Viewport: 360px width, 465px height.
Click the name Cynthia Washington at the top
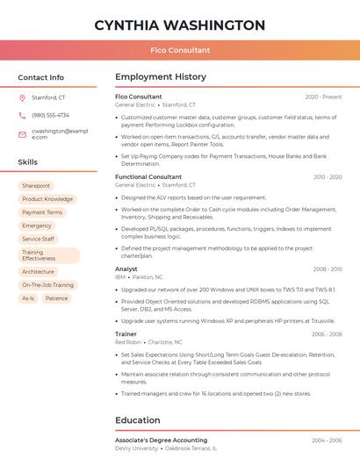click(179, 25)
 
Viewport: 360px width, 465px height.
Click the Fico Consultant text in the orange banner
click(179, 50)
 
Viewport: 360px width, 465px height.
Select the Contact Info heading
click(41, 77)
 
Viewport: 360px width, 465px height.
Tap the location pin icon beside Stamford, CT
click(22, 97)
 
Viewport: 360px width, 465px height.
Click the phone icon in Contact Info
click(22, 115)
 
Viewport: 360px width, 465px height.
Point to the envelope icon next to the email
click(22, 133)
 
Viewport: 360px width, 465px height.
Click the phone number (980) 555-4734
click(50, 115)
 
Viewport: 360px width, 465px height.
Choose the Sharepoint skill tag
click(36, 186)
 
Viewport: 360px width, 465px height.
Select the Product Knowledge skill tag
click(47, 199)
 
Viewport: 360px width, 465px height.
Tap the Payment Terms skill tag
click(42, 212)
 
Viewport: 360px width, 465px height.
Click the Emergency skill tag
click(37, 225)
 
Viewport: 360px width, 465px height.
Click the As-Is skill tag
click(28, 298)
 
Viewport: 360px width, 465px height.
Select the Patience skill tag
click(56, 298)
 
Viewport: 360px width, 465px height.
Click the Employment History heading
click(161, 77)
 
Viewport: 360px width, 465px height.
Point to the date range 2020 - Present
click(323, 97)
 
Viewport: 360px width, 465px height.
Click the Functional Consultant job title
click(148, 176)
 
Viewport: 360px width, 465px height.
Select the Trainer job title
click(126, 333)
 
